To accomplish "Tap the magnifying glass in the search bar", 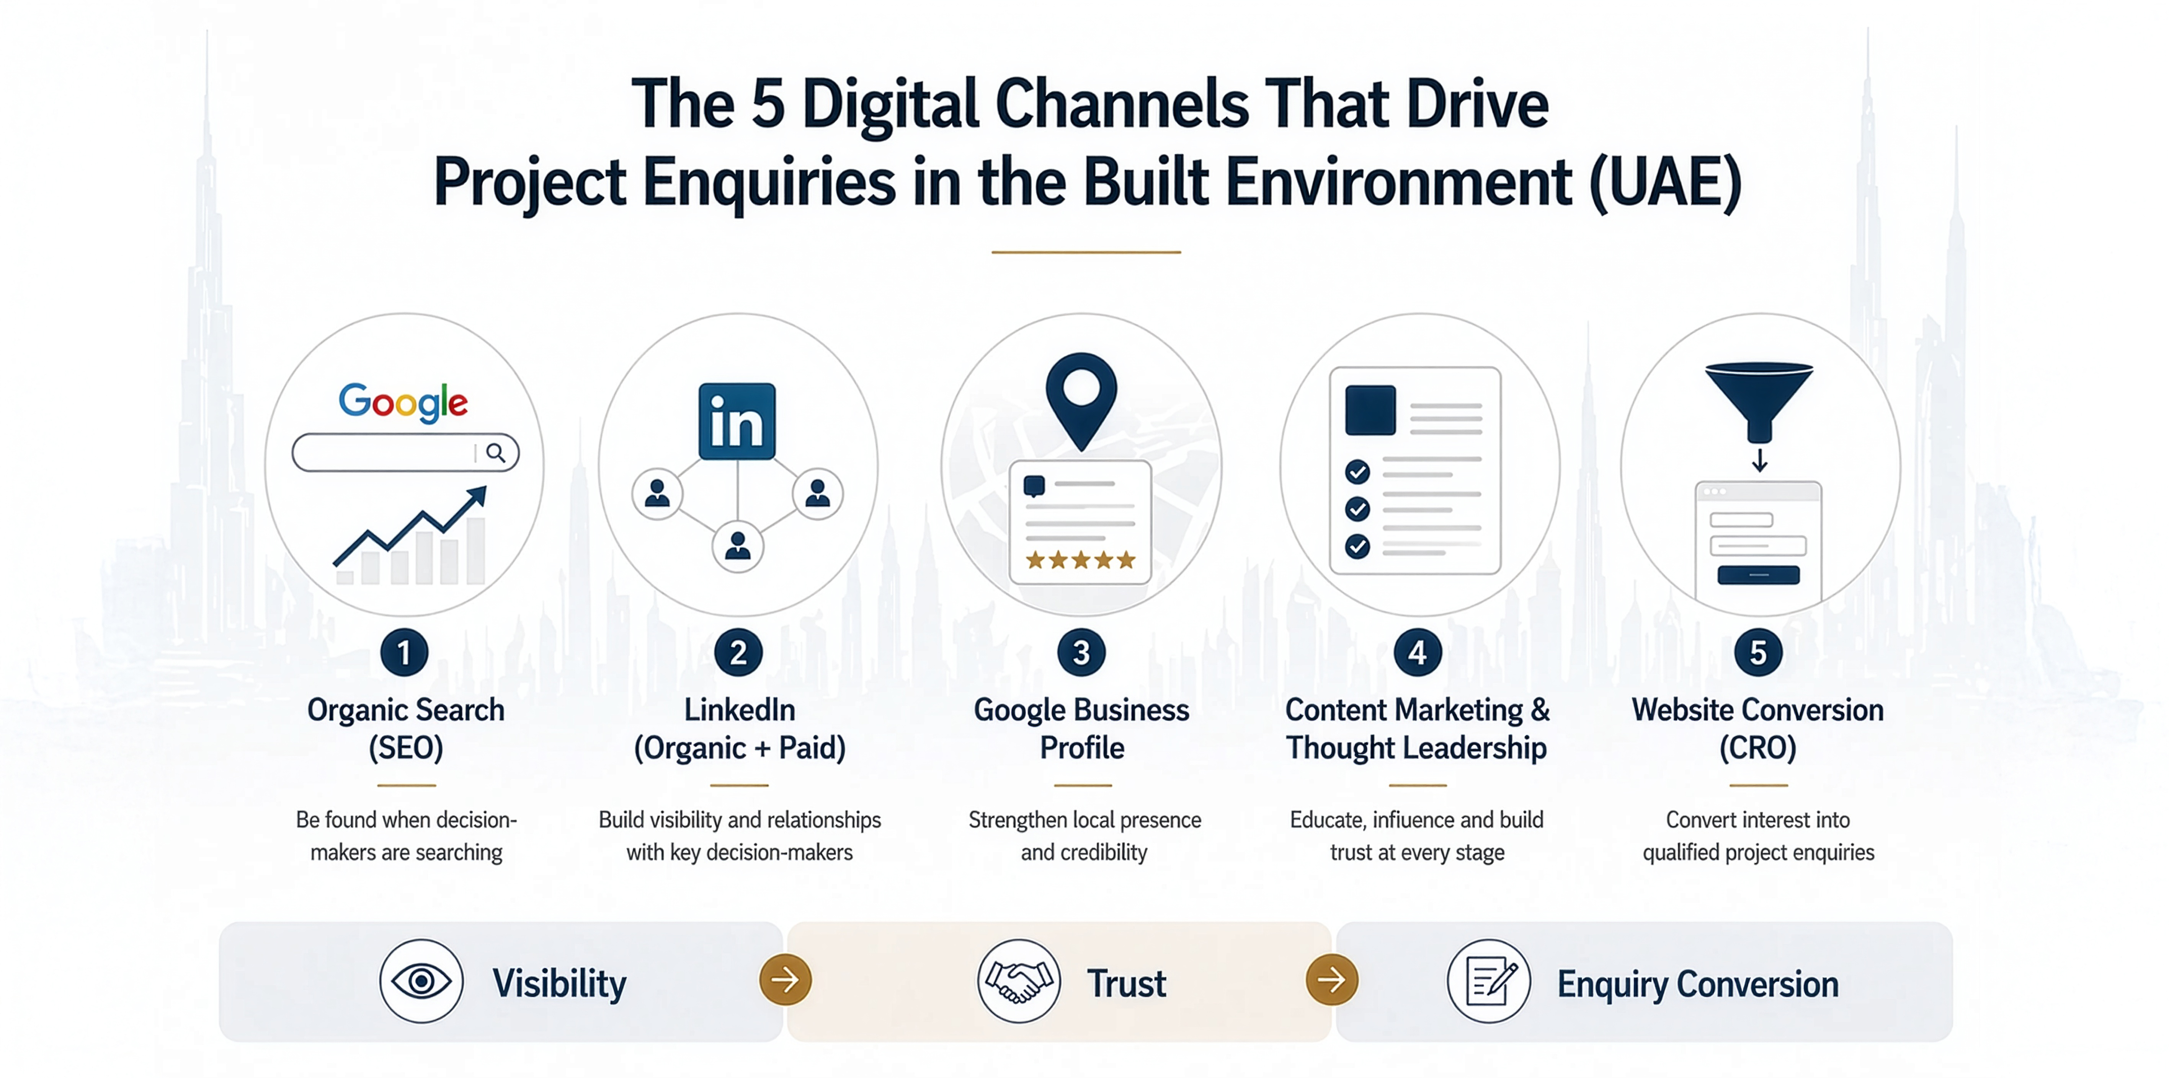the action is [496, 453].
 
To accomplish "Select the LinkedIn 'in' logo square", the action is [737, 421].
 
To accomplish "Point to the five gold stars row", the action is [1080, 560].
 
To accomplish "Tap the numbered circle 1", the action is [404, 652].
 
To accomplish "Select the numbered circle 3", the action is [1081, 652].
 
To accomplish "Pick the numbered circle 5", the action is [1758, 652].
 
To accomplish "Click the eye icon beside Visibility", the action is [421, 981].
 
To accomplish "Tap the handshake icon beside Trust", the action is [1019, 981].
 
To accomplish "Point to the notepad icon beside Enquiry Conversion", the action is [1489, 981].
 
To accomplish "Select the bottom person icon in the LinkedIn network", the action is [738, 547].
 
